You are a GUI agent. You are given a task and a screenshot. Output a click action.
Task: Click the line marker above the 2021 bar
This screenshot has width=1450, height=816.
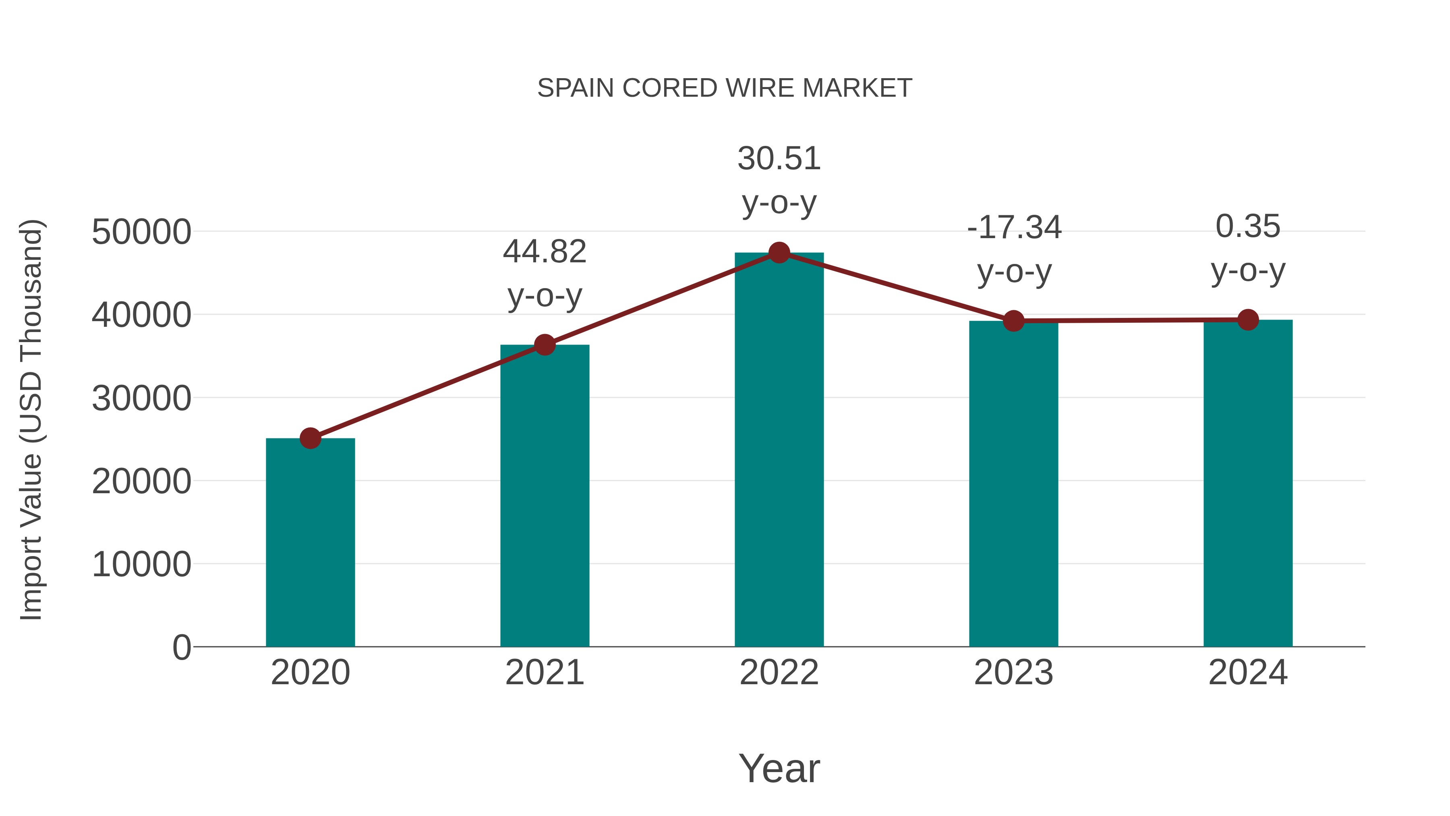coord(544,345)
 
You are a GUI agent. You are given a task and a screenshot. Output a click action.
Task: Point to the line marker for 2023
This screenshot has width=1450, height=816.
coord(1013,321)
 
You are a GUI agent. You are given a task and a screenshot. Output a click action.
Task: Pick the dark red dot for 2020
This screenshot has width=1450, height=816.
coord(310,438)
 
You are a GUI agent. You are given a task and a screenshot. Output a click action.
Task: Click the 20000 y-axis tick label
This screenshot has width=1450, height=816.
coord(141,482)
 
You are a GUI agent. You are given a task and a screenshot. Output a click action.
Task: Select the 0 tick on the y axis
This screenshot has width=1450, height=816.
coord(181,647)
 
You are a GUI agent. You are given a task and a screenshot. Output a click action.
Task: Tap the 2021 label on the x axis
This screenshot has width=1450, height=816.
coord(544,673)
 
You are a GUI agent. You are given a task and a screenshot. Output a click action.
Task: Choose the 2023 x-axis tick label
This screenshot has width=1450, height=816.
coord(1013,673)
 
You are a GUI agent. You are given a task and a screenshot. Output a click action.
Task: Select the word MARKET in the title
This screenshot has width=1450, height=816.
coord(857,88)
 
